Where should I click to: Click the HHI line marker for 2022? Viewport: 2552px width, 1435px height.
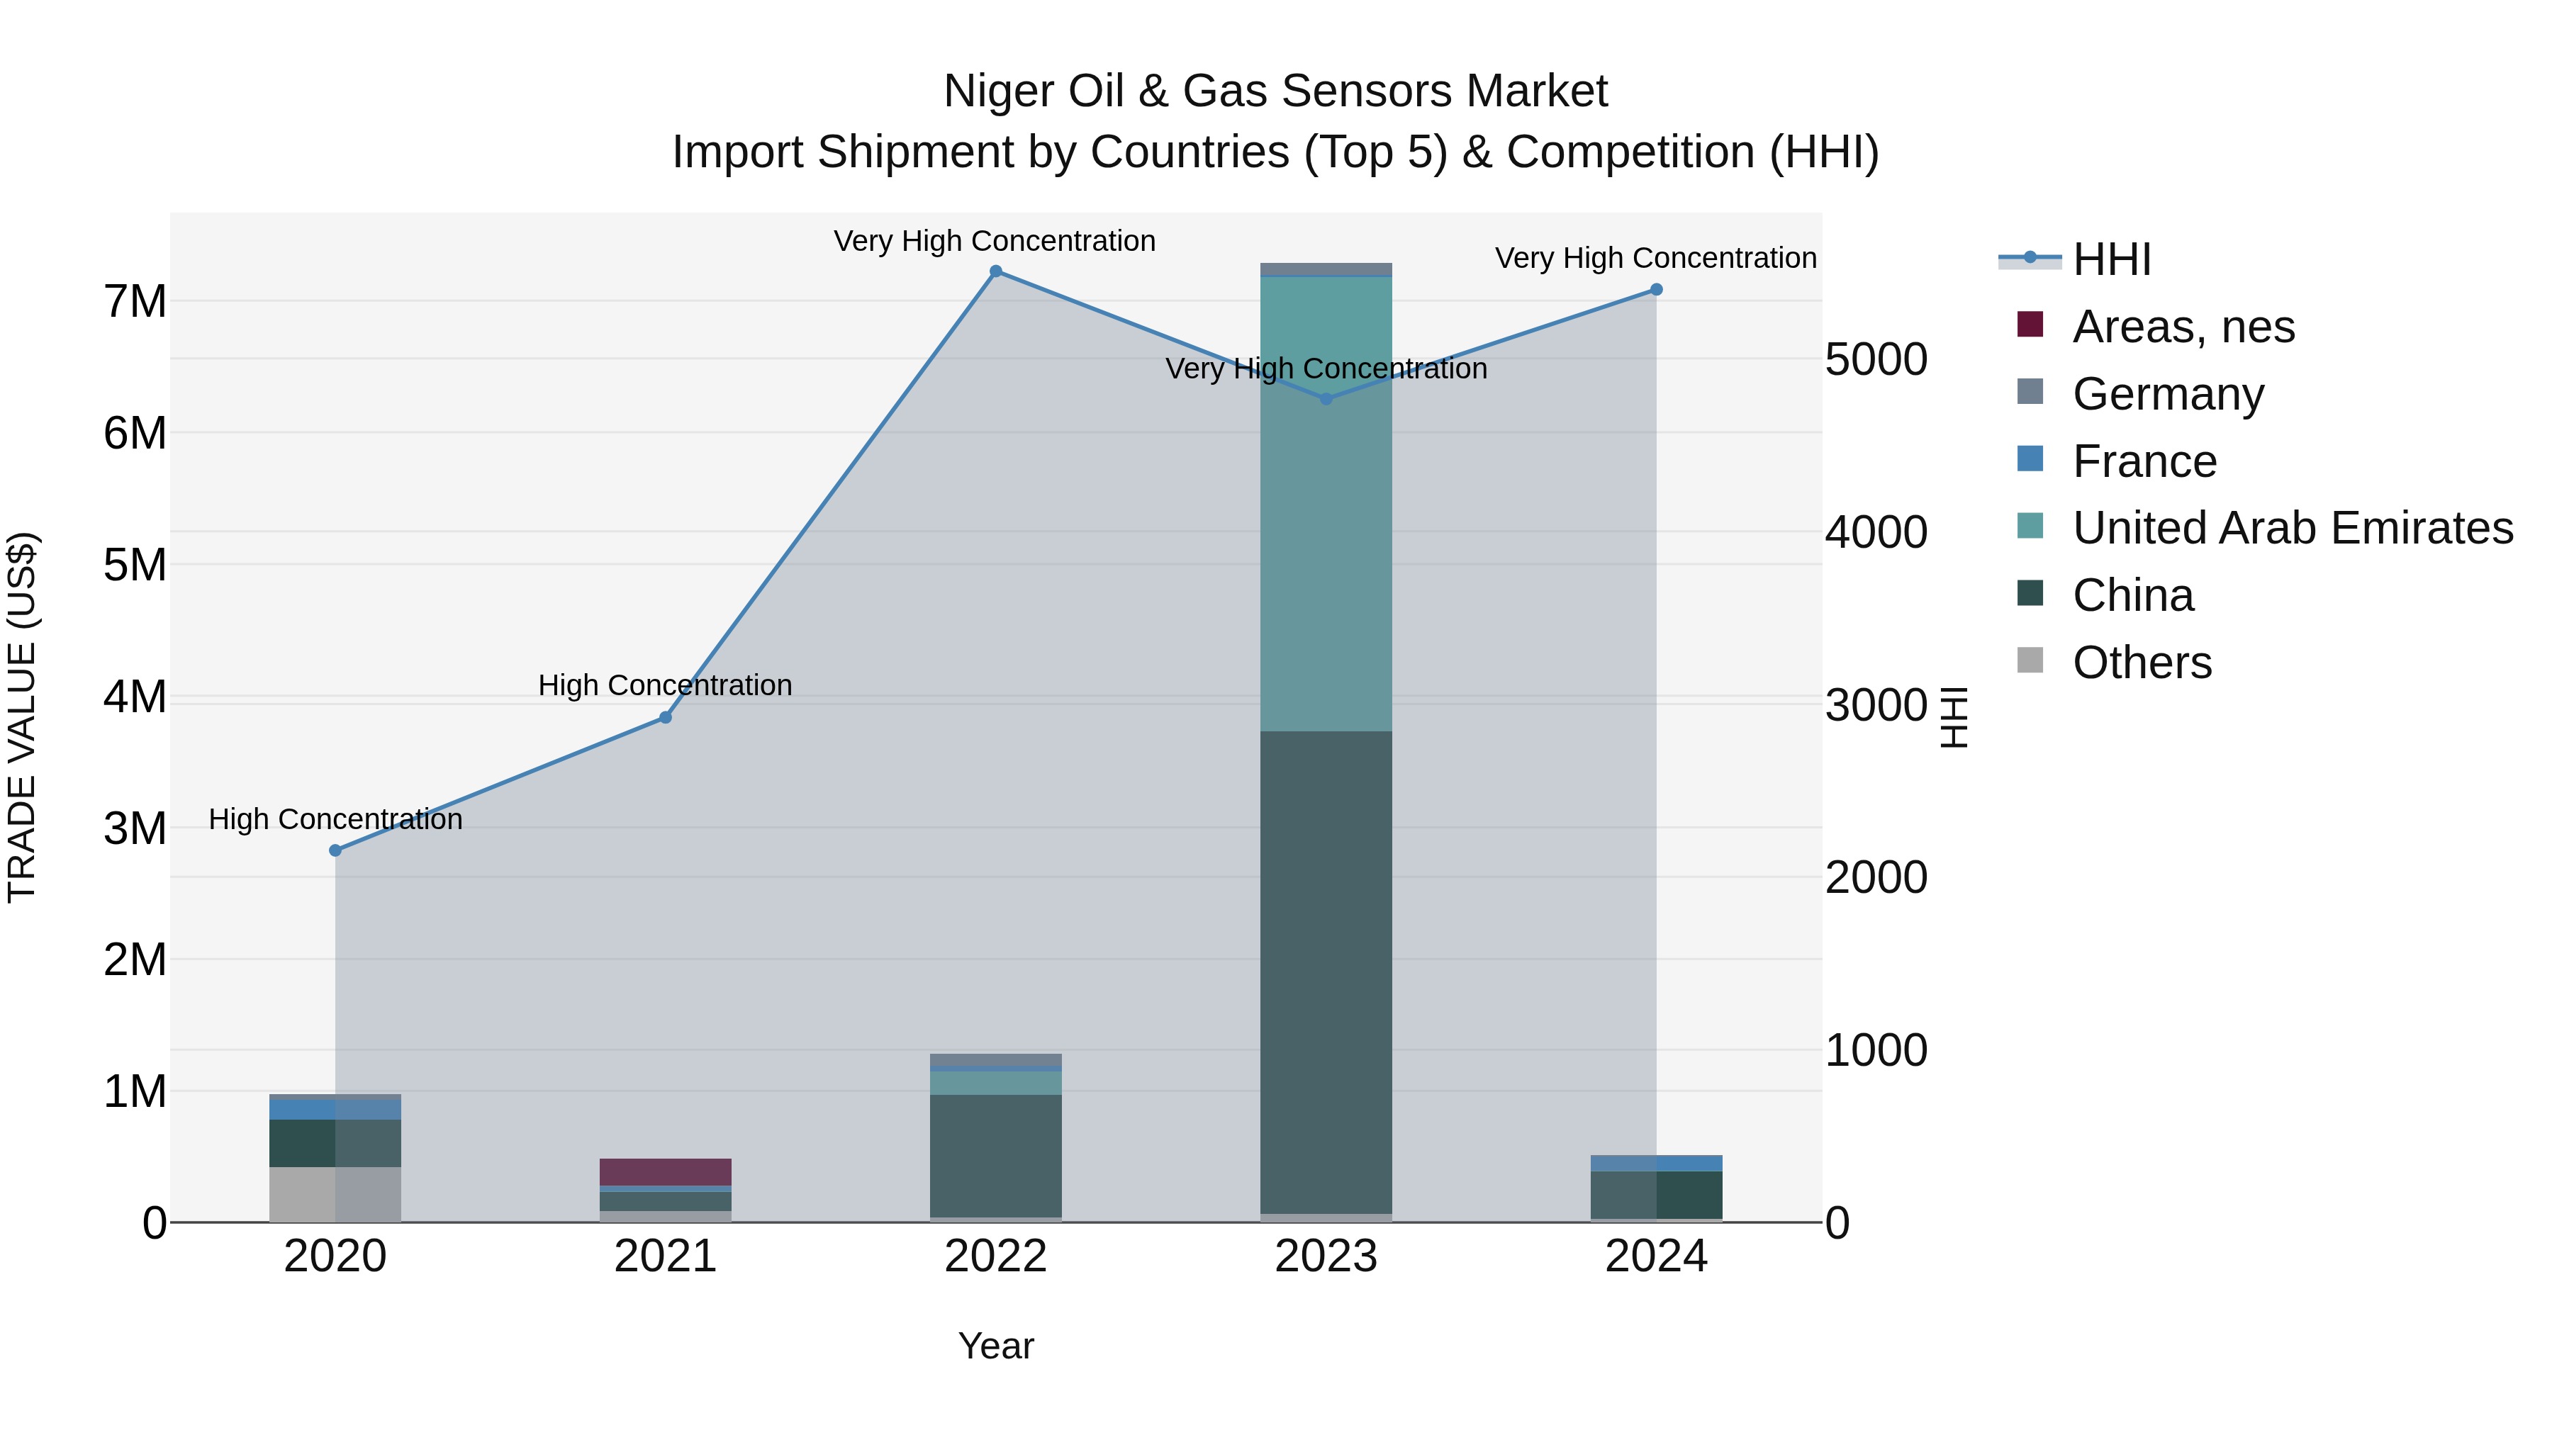click(x=996, y=271)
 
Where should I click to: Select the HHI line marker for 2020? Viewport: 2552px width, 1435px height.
click(x=335, y=850)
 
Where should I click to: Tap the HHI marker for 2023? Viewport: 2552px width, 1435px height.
click(x=1326, y=399)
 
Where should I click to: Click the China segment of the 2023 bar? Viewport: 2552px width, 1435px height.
click(x=1326, y=971)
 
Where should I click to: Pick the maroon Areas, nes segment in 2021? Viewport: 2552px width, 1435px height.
click(x=665, y=1171)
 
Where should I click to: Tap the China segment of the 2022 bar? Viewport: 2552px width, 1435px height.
click(x=996, y=1155)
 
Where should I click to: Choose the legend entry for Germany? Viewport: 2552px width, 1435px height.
click(x=2168, y=394)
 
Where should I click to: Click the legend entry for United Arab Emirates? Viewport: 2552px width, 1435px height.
click(x=2291, y=528)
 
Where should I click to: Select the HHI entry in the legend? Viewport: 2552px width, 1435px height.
click(x=2110, y=259)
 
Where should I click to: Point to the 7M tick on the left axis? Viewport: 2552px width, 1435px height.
click(x=135, y=301)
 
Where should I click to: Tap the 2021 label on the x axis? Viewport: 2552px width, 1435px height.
click(x=665, y=1256)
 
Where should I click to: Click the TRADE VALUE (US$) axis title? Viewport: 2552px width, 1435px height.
click(x=23, y=717)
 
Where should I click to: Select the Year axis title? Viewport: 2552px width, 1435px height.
click(x=996, y=1346)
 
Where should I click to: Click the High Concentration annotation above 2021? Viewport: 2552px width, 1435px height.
click(x=665, y=685)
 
